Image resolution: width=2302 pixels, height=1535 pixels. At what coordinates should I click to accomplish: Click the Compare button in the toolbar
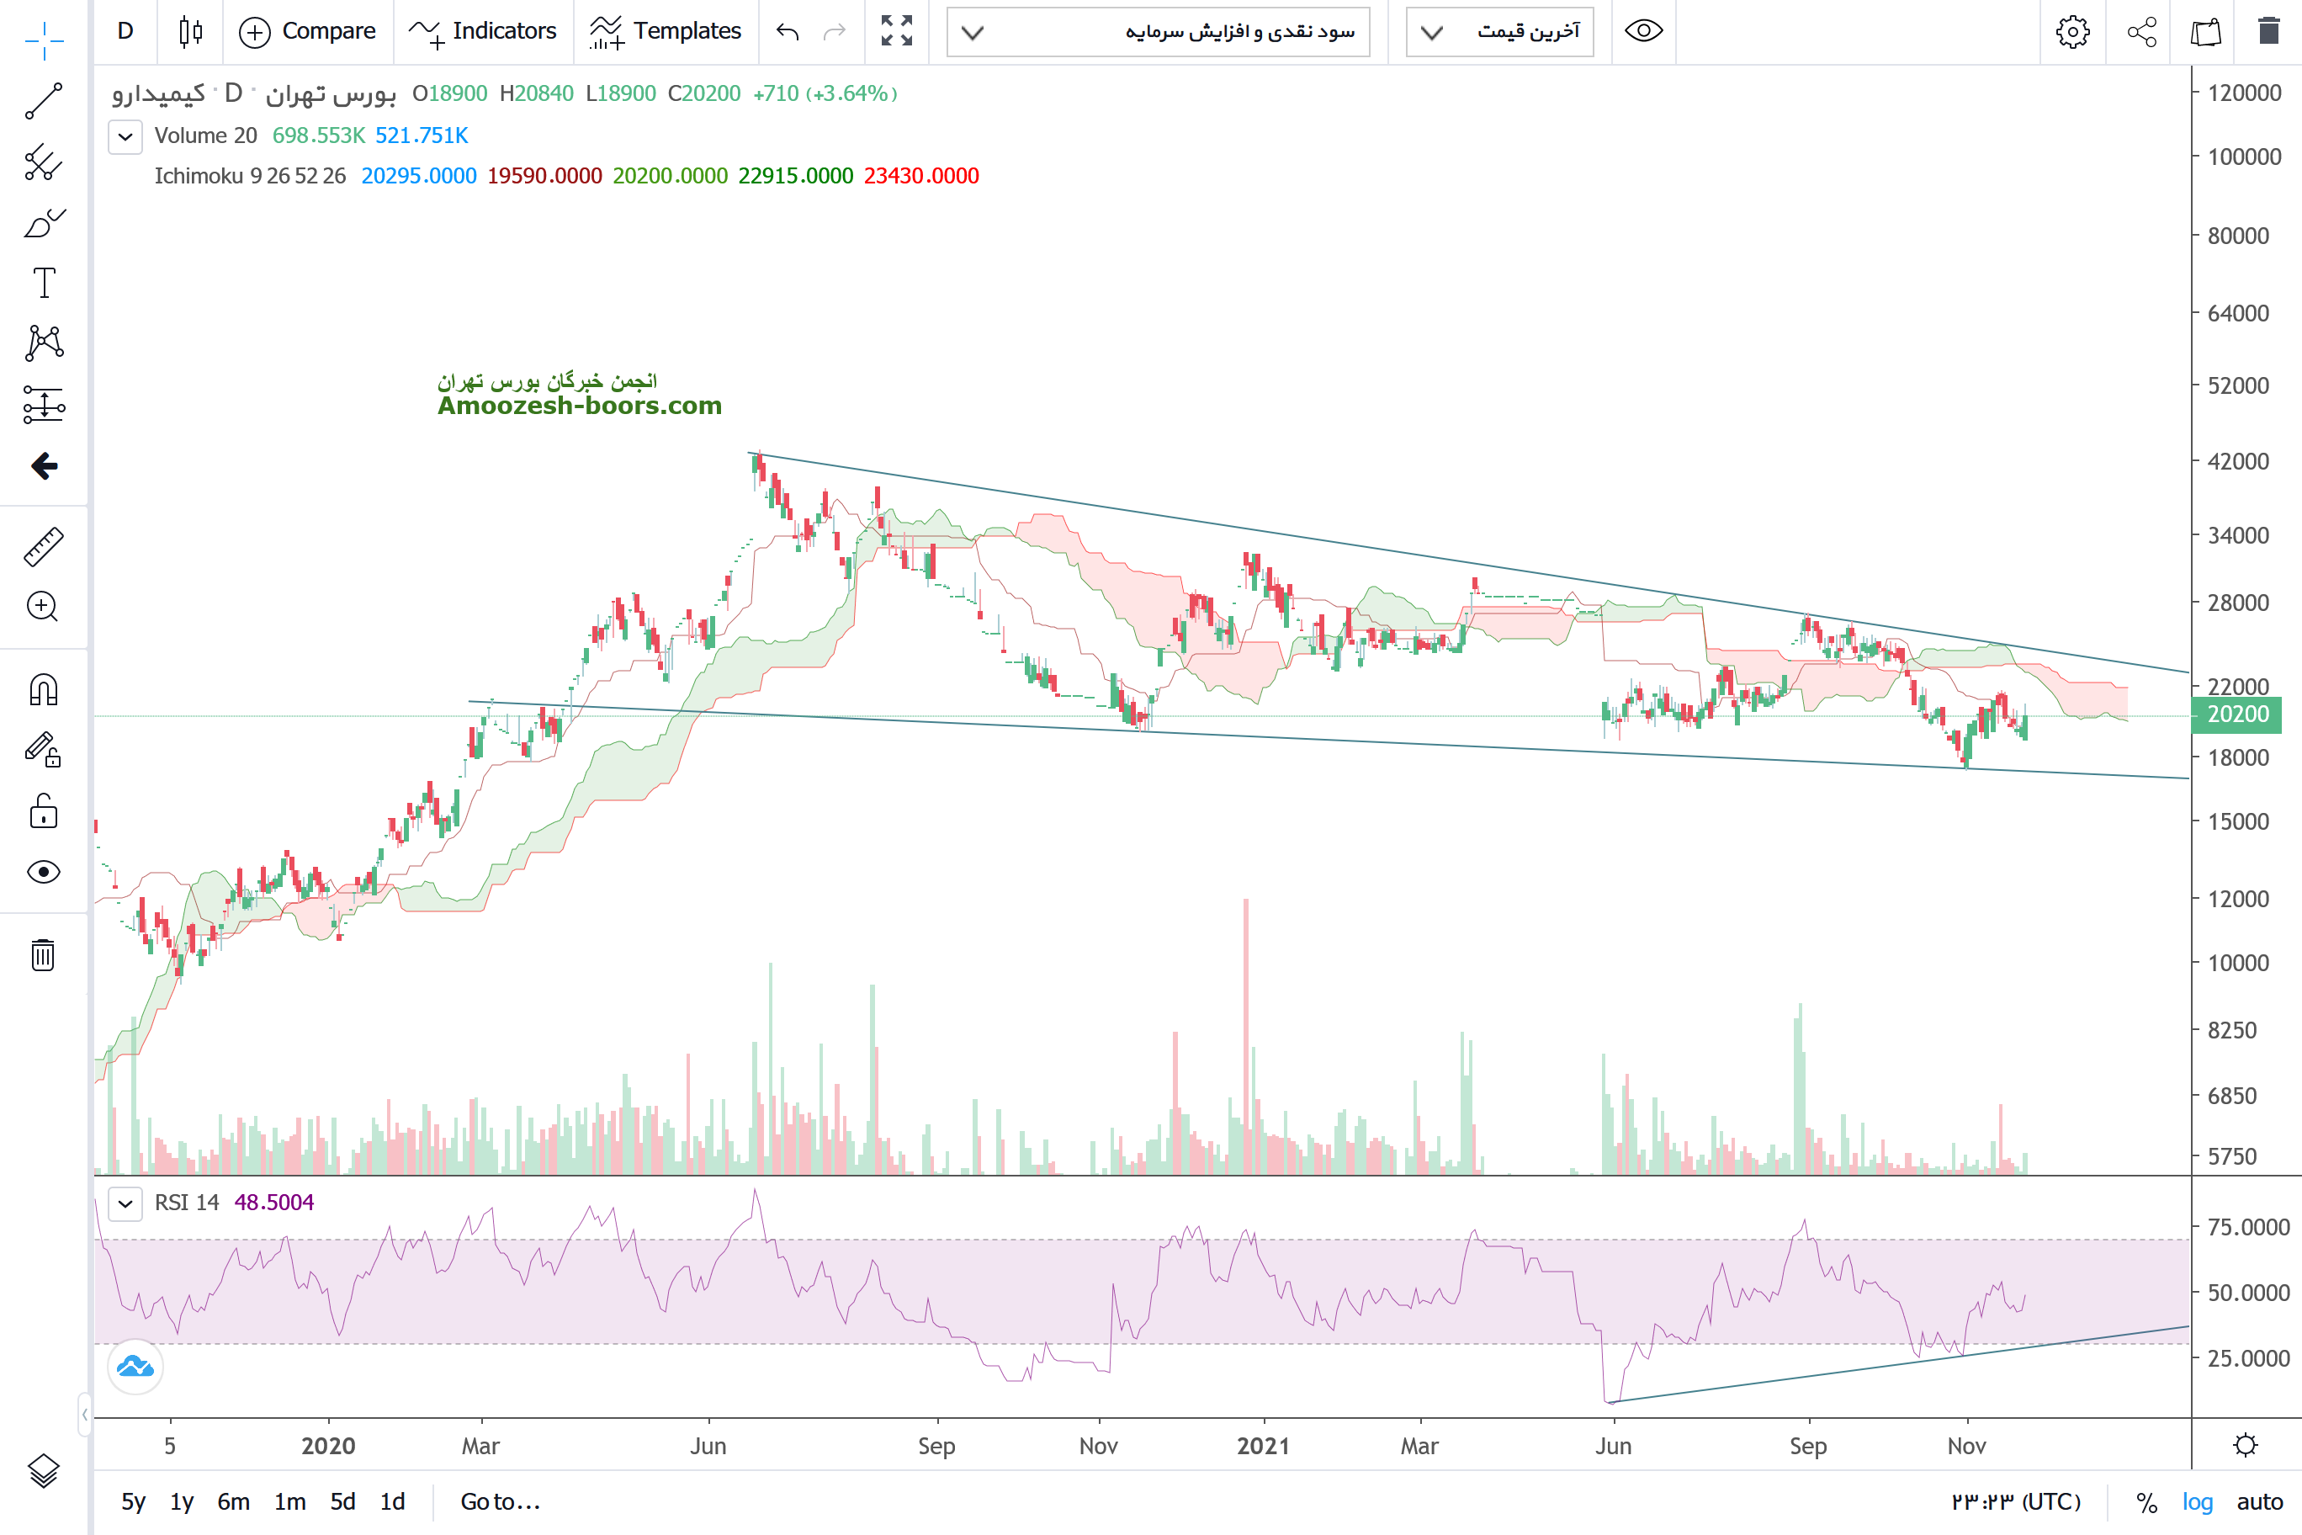pos(307,31)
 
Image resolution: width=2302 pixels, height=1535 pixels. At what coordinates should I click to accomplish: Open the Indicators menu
pos(484,31)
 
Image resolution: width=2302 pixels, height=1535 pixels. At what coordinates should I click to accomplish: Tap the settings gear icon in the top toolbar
pos(2072,31)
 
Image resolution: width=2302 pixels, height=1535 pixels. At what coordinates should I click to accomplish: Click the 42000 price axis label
pos(2237,461)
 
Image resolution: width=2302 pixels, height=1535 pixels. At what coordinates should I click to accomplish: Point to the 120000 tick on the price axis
pos(2243,93)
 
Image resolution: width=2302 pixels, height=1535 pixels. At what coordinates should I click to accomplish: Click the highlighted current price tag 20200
pos(2237,714)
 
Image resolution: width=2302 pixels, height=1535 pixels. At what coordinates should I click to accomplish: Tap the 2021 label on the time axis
pos(1263,1446)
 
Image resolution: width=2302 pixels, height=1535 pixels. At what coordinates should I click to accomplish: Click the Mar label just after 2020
pos(480,1446)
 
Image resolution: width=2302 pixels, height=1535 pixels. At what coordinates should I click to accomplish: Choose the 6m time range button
pos(233,1501)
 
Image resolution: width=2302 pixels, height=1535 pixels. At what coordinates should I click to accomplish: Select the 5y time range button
pos(133,1501)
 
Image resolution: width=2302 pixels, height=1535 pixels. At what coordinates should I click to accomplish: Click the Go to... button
pos(500,1501)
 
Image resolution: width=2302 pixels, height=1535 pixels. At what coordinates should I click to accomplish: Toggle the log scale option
pos(2198,1501)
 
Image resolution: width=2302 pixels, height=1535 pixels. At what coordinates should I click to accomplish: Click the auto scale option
pos(2260,1501)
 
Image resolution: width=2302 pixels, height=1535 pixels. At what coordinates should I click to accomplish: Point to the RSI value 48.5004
pos(274,1202)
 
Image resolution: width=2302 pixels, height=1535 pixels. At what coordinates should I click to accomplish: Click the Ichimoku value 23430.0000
pos(921,176)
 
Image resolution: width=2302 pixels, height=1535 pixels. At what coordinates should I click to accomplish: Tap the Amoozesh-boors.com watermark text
pos(580,406)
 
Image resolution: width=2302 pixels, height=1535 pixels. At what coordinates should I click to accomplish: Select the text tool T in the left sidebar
pos(44,283)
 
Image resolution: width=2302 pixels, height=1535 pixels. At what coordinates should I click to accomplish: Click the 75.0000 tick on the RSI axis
pos(2248,1227)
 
